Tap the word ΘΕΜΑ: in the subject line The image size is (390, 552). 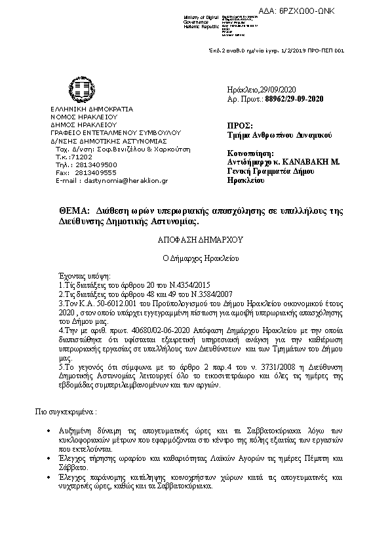73,211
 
